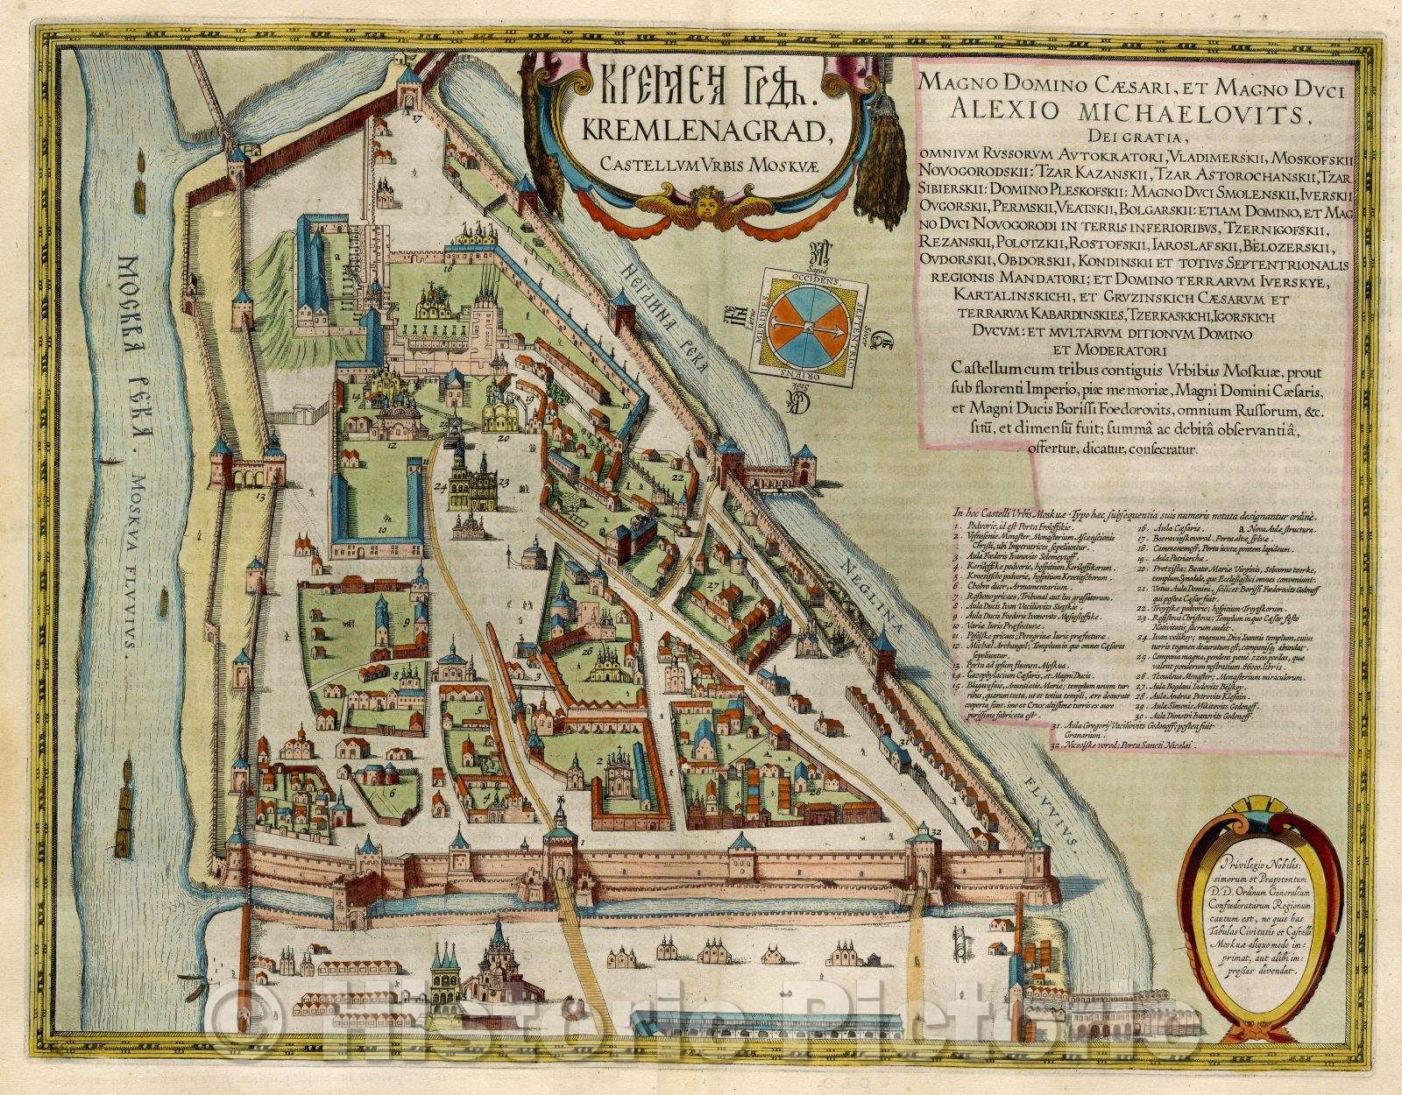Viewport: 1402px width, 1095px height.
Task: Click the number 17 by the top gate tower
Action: point(418,114)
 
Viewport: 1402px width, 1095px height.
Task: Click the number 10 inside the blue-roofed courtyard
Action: point(382,530)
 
